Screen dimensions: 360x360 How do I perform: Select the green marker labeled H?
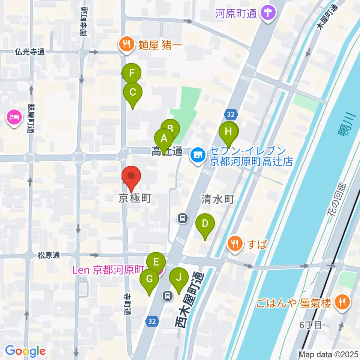(x=228, y=132)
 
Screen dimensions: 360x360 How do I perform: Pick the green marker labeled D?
(x=205, y=224)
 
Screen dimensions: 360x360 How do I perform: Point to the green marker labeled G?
(x=149, y=279)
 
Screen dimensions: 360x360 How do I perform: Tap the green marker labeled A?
(x=164, y=138)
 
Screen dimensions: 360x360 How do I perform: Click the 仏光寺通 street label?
(x=30, y=52)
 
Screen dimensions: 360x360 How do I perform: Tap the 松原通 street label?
(x=48, y=255)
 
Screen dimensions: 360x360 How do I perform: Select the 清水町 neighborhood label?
(x=217, y=199)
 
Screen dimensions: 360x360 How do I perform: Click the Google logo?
(x=25, y=351)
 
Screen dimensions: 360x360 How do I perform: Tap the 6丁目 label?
(x=311, y=325)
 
